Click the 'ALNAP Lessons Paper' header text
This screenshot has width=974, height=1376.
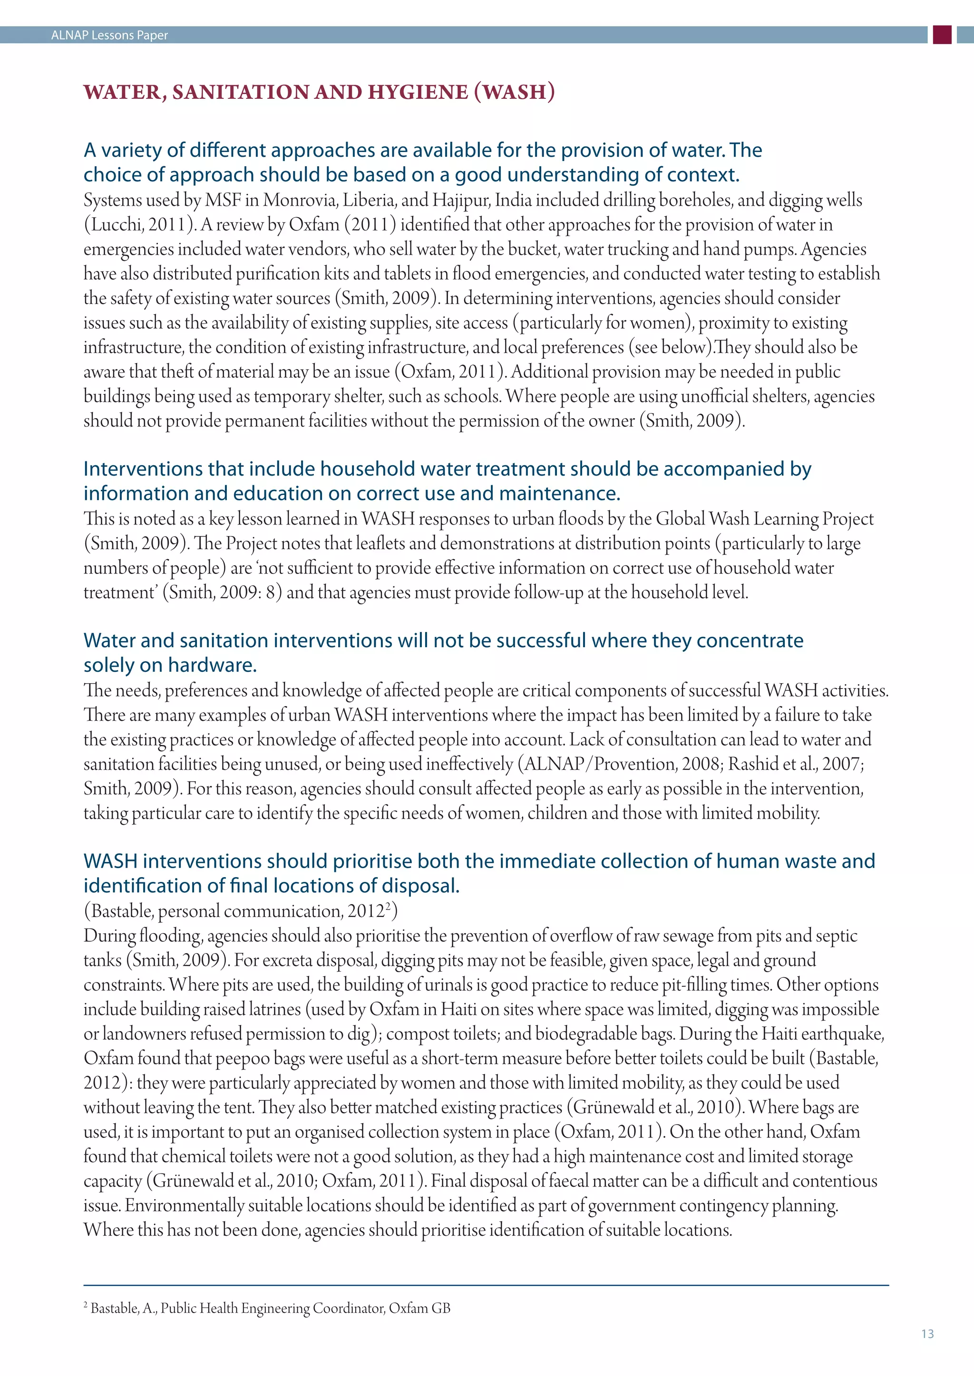(x=109, y=35)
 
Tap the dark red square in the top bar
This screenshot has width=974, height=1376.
(x=942, y=35)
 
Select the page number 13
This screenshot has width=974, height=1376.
(x=927, y=1333)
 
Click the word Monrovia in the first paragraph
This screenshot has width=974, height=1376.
(x=299, y=200)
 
